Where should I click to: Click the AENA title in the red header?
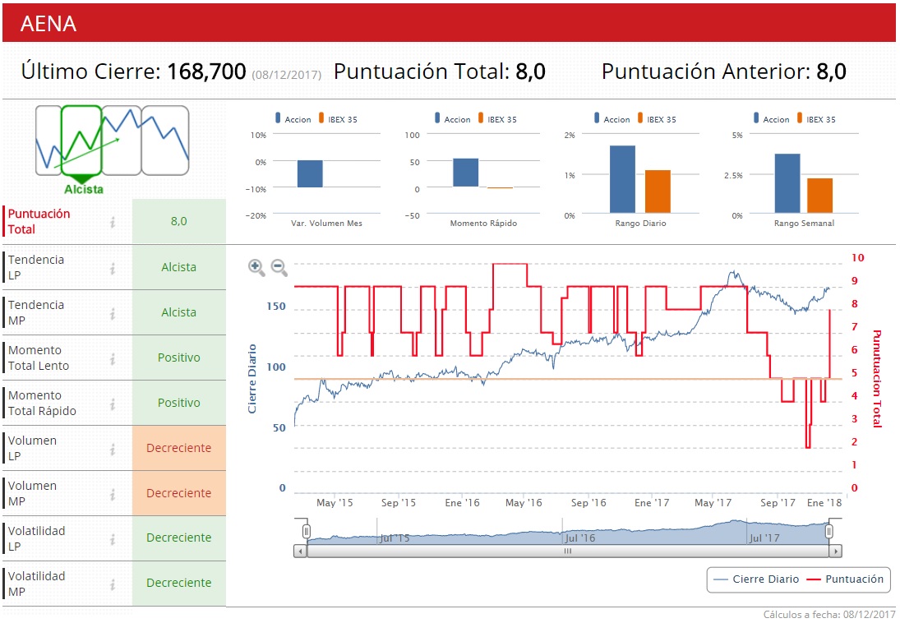[48, 23]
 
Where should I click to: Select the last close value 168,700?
[206, 72]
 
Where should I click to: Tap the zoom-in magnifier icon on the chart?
[256, 265]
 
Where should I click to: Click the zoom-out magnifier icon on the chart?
[279, 265]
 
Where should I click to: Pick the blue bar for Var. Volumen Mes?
[310, 173]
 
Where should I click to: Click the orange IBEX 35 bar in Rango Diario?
[658, 192]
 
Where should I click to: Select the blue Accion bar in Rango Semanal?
[787, 183]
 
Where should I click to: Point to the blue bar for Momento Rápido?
[465, 173]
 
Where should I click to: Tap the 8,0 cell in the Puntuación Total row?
[178, 221]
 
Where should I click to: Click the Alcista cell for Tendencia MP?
[178, 312]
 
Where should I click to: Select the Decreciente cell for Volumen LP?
[178, 448]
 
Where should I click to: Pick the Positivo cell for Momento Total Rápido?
[178, 403]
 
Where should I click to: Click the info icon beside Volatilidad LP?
[113, 538]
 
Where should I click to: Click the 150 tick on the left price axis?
[276, 307]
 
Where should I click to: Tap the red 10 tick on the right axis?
[858, 257]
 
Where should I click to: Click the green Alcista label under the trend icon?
[84, 189]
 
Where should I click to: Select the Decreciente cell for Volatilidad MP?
[178, 583]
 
